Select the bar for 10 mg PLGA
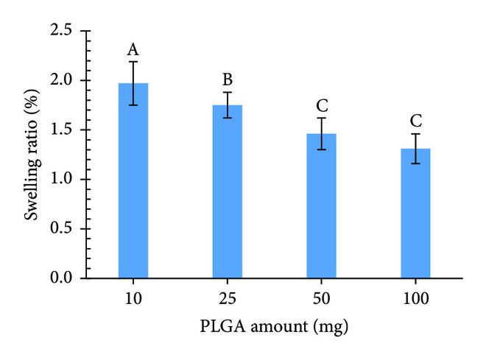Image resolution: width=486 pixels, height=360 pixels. (x=133, y=184)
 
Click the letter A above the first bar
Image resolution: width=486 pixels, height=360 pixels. (x=133, y=50)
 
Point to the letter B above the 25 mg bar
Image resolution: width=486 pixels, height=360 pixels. (x=227, y=80)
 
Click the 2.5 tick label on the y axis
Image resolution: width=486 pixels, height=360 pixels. (x=63, y=32)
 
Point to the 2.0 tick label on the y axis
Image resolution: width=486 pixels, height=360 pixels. (x=63, y=81)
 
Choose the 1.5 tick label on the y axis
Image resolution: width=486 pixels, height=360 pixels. (x=63, y=130)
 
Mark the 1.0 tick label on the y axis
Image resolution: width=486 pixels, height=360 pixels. (x=63, y=180)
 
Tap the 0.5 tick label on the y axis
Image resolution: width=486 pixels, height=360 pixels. (x=63, y=229)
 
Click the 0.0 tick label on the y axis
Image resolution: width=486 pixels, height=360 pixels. (x=63, y=278)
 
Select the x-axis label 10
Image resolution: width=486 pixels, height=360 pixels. (x=133, y=298)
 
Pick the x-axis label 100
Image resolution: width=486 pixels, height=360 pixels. (x=415, y=298)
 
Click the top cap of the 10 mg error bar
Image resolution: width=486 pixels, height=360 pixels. (x=133, y=62)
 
